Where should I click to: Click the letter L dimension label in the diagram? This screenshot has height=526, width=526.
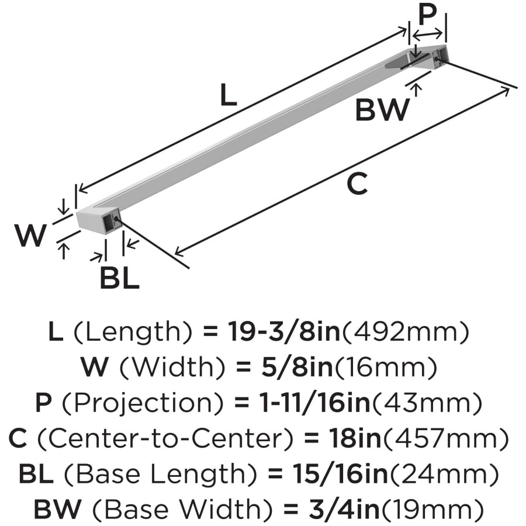(229, 94)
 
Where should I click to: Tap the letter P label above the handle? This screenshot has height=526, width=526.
(428, 15)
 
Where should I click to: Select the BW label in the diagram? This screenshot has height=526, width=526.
(382, 110)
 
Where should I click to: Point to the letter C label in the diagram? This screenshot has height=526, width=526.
(357, 184)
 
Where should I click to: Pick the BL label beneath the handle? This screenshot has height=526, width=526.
(120, 278)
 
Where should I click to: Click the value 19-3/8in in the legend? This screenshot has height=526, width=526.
(284, 331)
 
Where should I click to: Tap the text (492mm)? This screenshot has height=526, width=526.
(405, 331)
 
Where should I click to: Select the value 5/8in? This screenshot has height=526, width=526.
(297, 367)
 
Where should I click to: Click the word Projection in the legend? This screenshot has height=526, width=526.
(143, 403)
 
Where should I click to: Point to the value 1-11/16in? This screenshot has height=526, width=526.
(316, 403)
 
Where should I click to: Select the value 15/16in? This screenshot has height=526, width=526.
(340, 474)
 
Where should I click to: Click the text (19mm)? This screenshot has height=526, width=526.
(432, 510)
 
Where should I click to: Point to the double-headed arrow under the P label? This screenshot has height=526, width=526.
(428, 33)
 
